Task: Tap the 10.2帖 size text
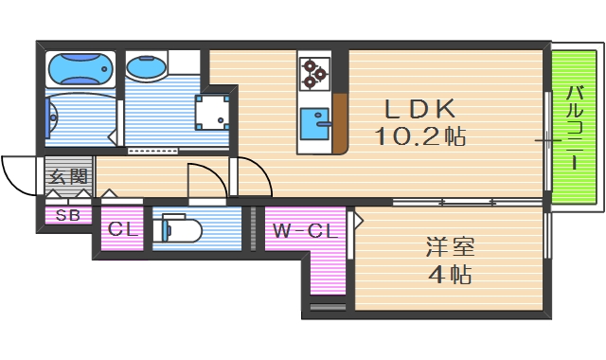click(x=420, y=136)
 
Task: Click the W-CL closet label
click(x=302, y=229)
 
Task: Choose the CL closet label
click(x=121, y=229)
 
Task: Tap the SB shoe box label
click(x=67, y=215)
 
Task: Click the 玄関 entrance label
click(x=67, y=176)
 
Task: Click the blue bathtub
click(x=80, y=68)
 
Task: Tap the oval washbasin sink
click(x=146, y=68)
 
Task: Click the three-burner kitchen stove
click(x=313, y=71)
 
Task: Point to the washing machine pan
click(x=214, y=111)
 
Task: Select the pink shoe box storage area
click(x=67, y=215)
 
